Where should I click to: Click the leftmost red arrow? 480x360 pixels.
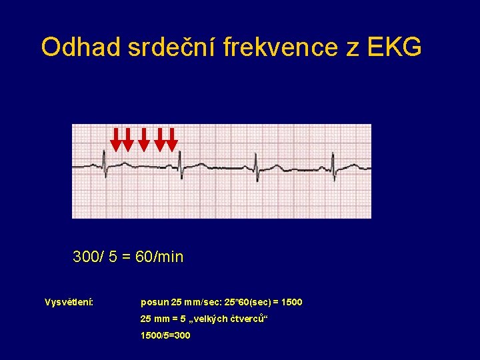pyautogui.click(x=116, y=139)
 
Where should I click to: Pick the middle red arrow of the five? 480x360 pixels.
pyautogui.click(x=144, y=139)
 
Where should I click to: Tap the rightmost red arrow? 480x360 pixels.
pyautogui.click(x=172, y=139)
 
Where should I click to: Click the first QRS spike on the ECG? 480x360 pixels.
pyautogui.click(x=104, y=161)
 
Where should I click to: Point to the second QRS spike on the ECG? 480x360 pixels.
pyautogui.click(x=180, y=161)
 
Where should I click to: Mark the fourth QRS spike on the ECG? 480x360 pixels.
pyautogui.click(x=333, y=161)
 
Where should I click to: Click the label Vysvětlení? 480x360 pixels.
pyautogui.click(x=69, y=303)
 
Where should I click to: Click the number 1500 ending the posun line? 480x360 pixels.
pyautogui.click(x=291, y=303)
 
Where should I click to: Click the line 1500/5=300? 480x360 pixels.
pyautogui.click(x=165, y=335)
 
